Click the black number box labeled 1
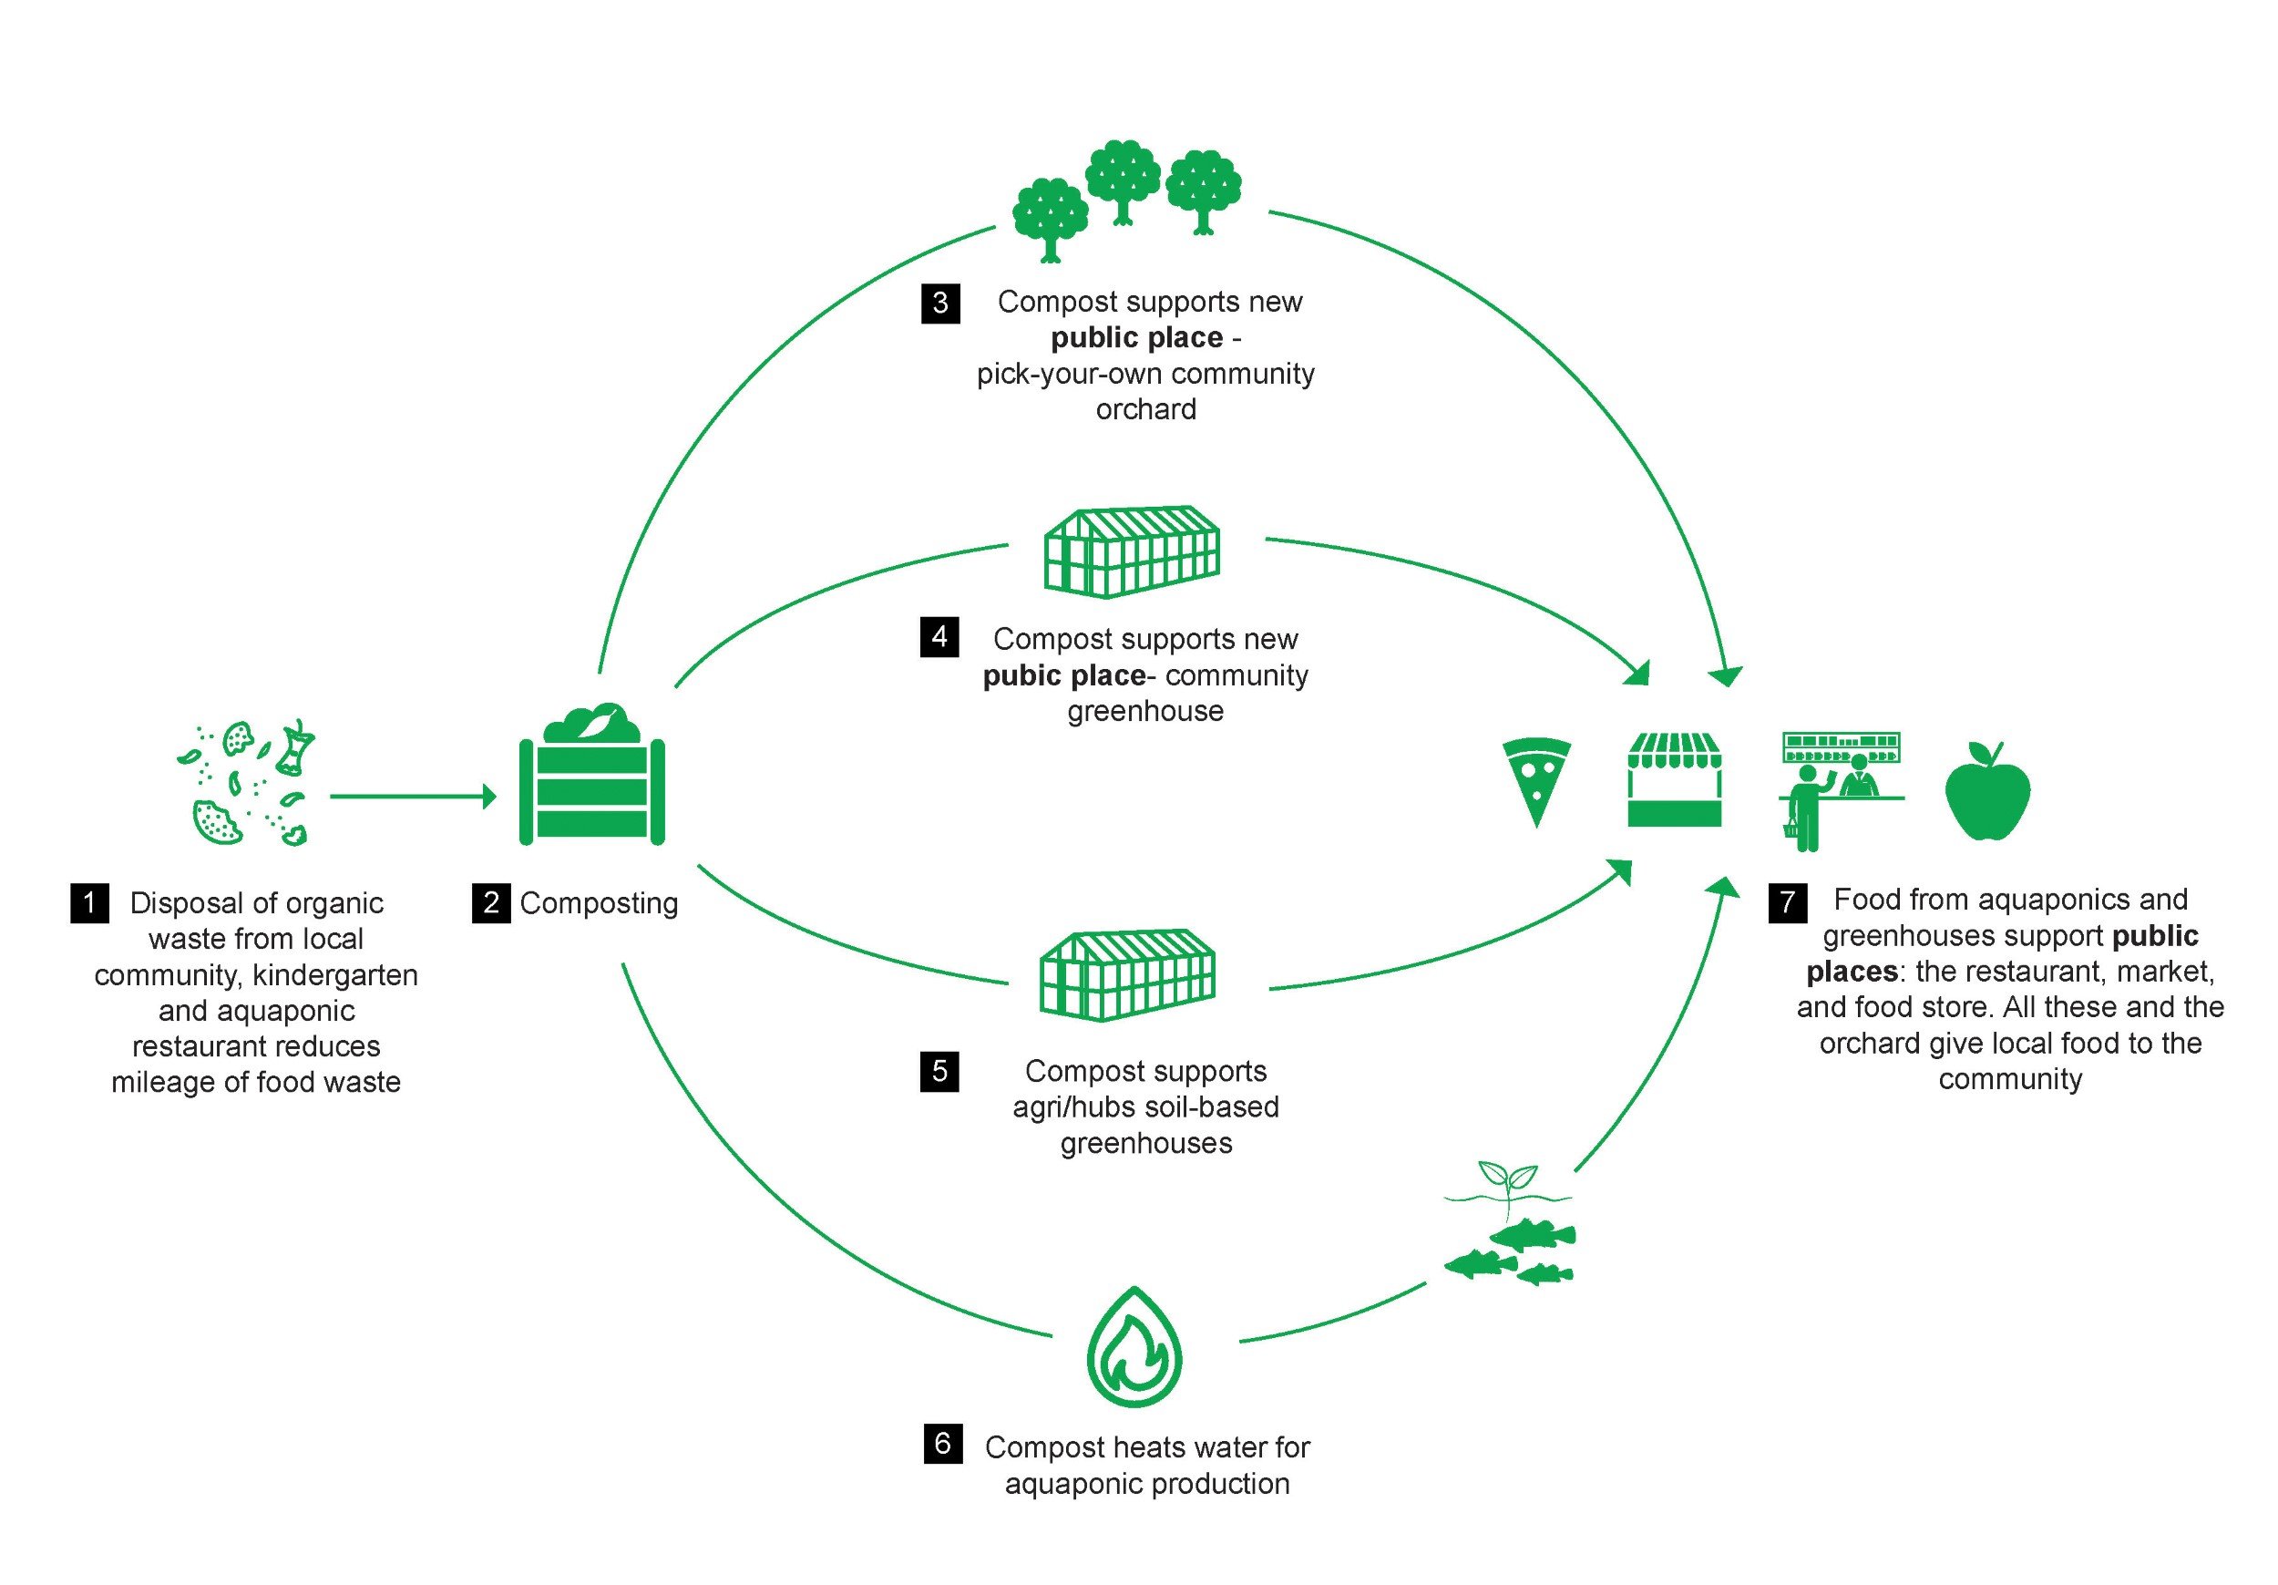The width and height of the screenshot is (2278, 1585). (x=89, y=902)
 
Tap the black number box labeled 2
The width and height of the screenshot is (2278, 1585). (x=490, y=902)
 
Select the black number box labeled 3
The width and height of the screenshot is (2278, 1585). (x=939, y=302)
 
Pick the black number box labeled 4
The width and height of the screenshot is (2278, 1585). (x=939, y=636)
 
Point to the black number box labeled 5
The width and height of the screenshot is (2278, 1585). (x=939, y=1071)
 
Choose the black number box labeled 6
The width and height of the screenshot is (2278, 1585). (x=941, y=1443)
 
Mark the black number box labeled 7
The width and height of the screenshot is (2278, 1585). (x=1787, y=901)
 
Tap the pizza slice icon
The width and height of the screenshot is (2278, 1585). (x=1536, y=779)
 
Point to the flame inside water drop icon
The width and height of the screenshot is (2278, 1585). (x=1134, y=1346)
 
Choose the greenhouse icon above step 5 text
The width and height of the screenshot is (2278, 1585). (x=1127, y=974)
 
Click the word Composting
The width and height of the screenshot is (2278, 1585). (x=599, y=903)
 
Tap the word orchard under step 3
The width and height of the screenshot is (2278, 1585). (x=1146, y=409)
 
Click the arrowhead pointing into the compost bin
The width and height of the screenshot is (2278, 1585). (x=489, y=796)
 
